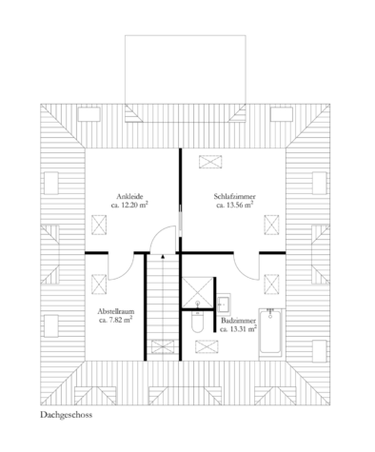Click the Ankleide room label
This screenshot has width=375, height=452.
(x=129, y=196)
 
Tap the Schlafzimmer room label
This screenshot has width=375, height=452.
(x=235, y=196)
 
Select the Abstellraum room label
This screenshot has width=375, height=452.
(x=116, y=311)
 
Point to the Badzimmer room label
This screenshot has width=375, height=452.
(x=239, y=321)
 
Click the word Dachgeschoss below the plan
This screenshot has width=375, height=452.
(x=67, y=415)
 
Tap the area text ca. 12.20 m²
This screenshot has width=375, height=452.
(x=129, y=205)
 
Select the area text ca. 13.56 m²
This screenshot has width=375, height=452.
(x=235, y=205)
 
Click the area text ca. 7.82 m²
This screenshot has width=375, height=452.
(x=116, y=320)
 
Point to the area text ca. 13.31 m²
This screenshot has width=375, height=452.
(x=238, y=329)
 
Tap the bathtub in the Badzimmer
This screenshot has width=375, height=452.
(x=270, y=333)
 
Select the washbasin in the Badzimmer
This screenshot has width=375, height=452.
(x=224, y=304)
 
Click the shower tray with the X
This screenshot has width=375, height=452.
(x=197, y=292)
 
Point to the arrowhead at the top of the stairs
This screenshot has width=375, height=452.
(x=163, y=257)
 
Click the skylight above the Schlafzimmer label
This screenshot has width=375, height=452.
(x=210, y=162)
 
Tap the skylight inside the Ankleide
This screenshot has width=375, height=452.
(x=99, y=225)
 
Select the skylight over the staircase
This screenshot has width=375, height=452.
(x=163, y=346)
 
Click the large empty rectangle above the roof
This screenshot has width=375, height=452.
(x=186, y=69)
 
